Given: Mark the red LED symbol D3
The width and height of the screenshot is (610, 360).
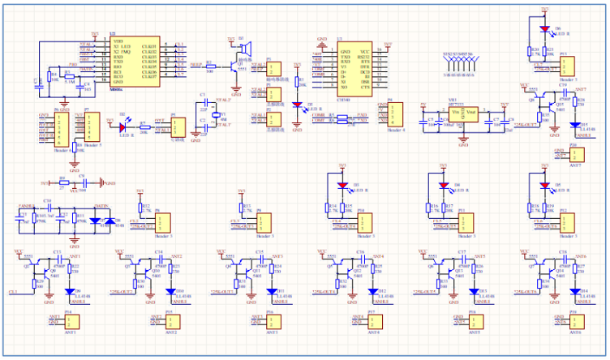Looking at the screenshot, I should coord(342,186).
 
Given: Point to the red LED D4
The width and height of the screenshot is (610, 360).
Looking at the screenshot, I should coord(443,186).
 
